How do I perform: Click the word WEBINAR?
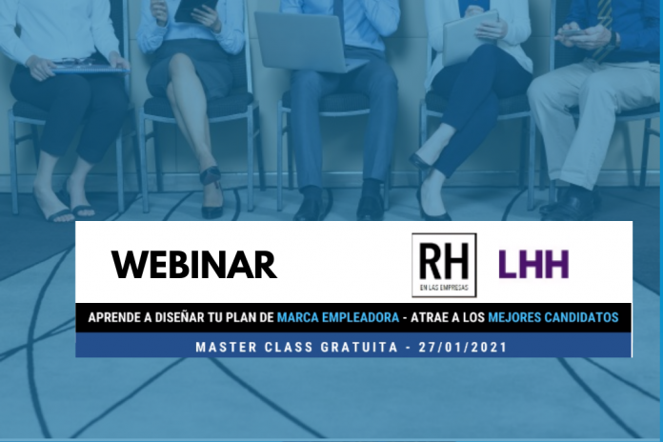click(x=194, y=265)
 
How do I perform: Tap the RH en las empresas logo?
click(x=444, y=265)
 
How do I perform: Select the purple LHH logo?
click(x=533, y=265)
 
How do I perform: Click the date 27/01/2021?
click(x=463, y=348)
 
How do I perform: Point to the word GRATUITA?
click(x=359, y=348)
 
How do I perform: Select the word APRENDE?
click(x=114, y=317)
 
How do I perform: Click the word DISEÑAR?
click(x=180, y=317)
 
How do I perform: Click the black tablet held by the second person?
click(x=196, y=10)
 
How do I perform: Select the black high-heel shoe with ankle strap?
click(x=211, y=191)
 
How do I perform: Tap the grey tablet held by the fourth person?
click(x=471, y=37)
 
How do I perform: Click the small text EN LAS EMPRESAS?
click(x=444, y=288)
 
